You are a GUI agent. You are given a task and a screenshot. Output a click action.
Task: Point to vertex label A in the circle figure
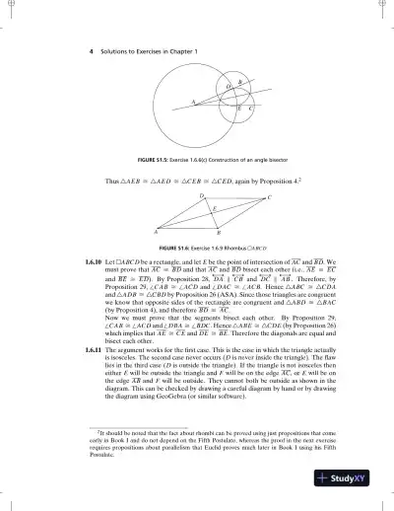[x=193, y=102]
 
